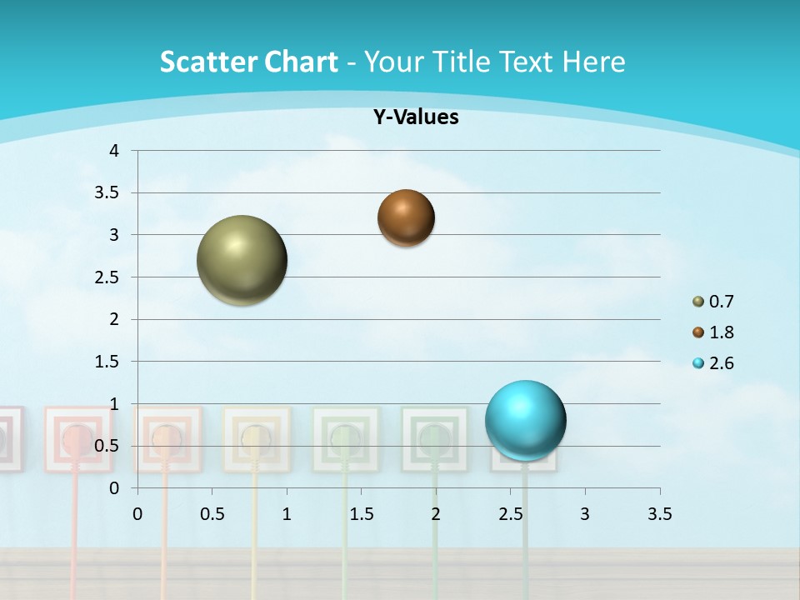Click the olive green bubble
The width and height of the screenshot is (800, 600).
[242, 260]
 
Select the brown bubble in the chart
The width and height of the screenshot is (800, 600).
[406, 217]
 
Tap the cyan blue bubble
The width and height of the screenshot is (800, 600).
[525, 420]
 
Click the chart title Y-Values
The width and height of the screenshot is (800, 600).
[416, 117]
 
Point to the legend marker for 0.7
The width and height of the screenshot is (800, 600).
[698, 302]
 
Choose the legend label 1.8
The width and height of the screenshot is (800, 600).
[721, 332]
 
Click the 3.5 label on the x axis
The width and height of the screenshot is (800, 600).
[660, 514]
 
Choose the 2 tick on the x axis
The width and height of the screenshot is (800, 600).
[436, 514]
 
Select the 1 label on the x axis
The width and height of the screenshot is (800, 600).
[287, 514]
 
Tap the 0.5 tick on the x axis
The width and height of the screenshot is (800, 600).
[212, 514]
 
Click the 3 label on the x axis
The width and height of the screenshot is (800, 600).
[585, 514]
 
